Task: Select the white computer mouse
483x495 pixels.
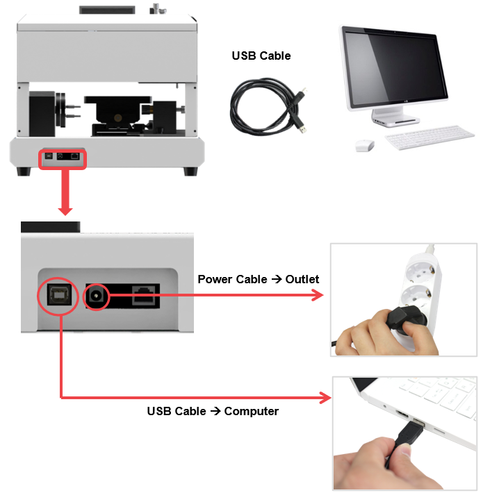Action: click(x=364, y=146)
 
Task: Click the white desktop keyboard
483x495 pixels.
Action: click(x=430, y=137)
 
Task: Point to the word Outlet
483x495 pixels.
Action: click(x=302, y=279)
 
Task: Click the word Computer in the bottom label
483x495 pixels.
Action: click(x=252, y=411)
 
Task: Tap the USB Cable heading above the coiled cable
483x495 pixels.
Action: click(x=261, y=56)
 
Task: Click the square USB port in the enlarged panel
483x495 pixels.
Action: click(x=58, y=295)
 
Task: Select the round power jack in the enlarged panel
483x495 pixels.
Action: click(x=96, y=296)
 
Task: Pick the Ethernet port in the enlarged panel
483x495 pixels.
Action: click(x=143, y=296)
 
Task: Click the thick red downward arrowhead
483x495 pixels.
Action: click(x=65, y=210)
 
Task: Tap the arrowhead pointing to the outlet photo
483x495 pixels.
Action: click(x=318, y=296)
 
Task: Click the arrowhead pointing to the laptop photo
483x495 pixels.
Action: click(x=325, y=398)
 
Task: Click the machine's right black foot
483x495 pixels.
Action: click(x=190, y=171)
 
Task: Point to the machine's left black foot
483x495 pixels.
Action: click(x=24, y=171)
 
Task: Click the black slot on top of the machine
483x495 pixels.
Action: click(x=107, y=10)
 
